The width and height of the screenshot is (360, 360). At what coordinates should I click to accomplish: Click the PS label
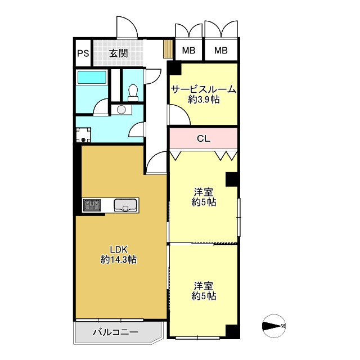pos(83,53)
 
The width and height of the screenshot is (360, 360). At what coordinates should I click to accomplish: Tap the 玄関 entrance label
pos(118,53)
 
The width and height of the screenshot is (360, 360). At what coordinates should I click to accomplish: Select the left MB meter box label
pos(189,50)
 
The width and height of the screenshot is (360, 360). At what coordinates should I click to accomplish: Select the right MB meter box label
pos(221,50)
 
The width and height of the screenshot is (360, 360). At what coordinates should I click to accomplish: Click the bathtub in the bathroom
pos(92,77)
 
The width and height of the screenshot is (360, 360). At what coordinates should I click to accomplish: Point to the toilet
pos(133,93)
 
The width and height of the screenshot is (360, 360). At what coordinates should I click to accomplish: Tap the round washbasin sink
pos(121,110)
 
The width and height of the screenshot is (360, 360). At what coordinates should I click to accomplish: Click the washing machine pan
pos(83,135)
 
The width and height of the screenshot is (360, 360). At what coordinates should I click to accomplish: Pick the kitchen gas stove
pos(92,205)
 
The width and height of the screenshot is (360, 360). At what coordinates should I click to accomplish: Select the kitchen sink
pos(125,205)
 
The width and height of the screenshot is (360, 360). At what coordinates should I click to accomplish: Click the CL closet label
pos(204,138)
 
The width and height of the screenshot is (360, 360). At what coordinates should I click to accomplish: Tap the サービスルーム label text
pos(204,89)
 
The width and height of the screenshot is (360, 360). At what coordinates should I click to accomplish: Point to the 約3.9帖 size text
pos(204,100)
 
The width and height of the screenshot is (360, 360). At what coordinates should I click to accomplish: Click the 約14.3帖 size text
pos(119,260)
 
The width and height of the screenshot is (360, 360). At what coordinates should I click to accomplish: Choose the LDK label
pos(119,249)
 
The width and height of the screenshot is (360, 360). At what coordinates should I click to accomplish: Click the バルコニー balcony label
pos(116,332)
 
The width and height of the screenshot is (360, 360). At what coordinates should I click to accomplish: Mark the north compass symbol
pos(274,326)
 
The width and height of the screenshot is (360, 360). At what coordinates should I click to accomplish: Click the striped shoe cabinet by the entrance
pos(168,49)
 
